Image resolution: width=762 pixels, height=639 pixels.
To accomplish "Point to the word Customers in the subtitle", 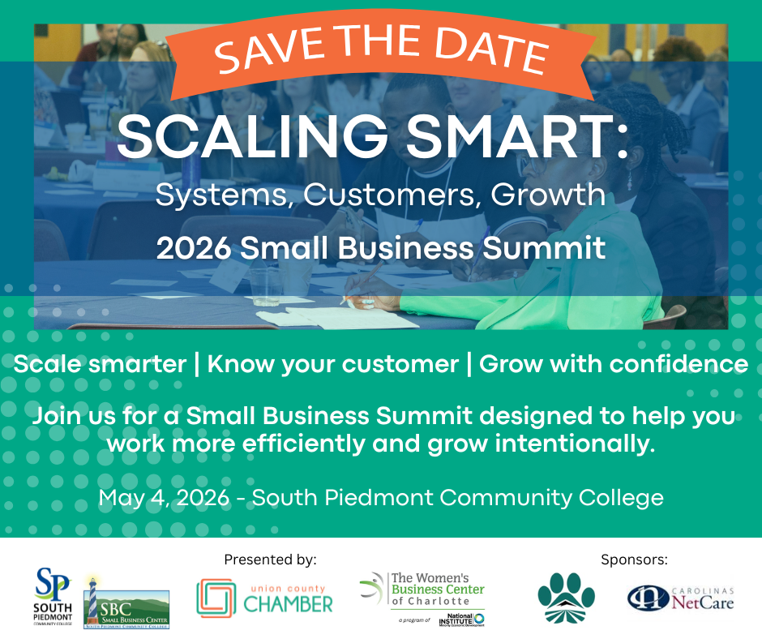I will click(x=362, y=195).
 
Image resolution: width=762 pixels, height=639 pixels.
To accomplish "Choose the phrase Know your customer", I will click(x=333, y=363).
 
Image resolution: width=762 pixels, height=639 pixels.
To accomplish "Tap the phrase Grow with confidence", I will click(x=614, y=363).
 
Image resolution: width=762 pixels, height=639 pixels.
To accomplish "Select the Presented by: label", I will click(x=270, y=559).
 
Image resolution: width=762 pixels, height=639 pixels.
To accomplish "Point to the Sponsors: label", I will click(x=635, y=559).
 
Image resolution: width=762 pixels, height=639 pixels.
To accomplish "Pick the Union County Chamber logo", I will click(x=264, y=599).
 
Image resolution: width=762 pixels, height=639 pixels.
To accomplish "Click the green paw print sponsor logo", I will click(x=567, y=598).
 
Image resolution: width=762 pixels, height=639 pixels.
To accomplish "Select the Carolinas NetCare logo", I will click(x=681, y=598).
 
